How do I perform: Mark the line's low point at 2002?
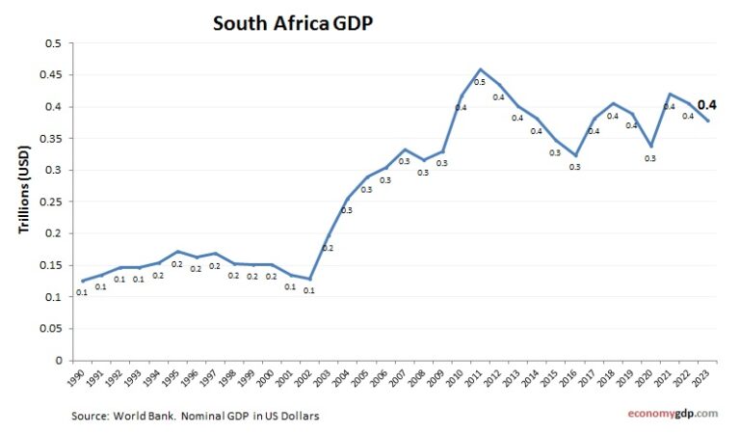(x=309, y=279)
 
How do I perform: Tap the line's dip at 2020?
(x=652, y=146)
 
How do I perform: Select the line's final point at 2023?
(x=709, y=121)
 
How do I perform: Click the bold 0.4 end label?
(x=706, y=104)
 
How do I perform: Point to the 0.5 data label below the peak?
(x=479, y=84)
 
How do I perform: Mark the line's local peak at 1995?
(x=176, y=252)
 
